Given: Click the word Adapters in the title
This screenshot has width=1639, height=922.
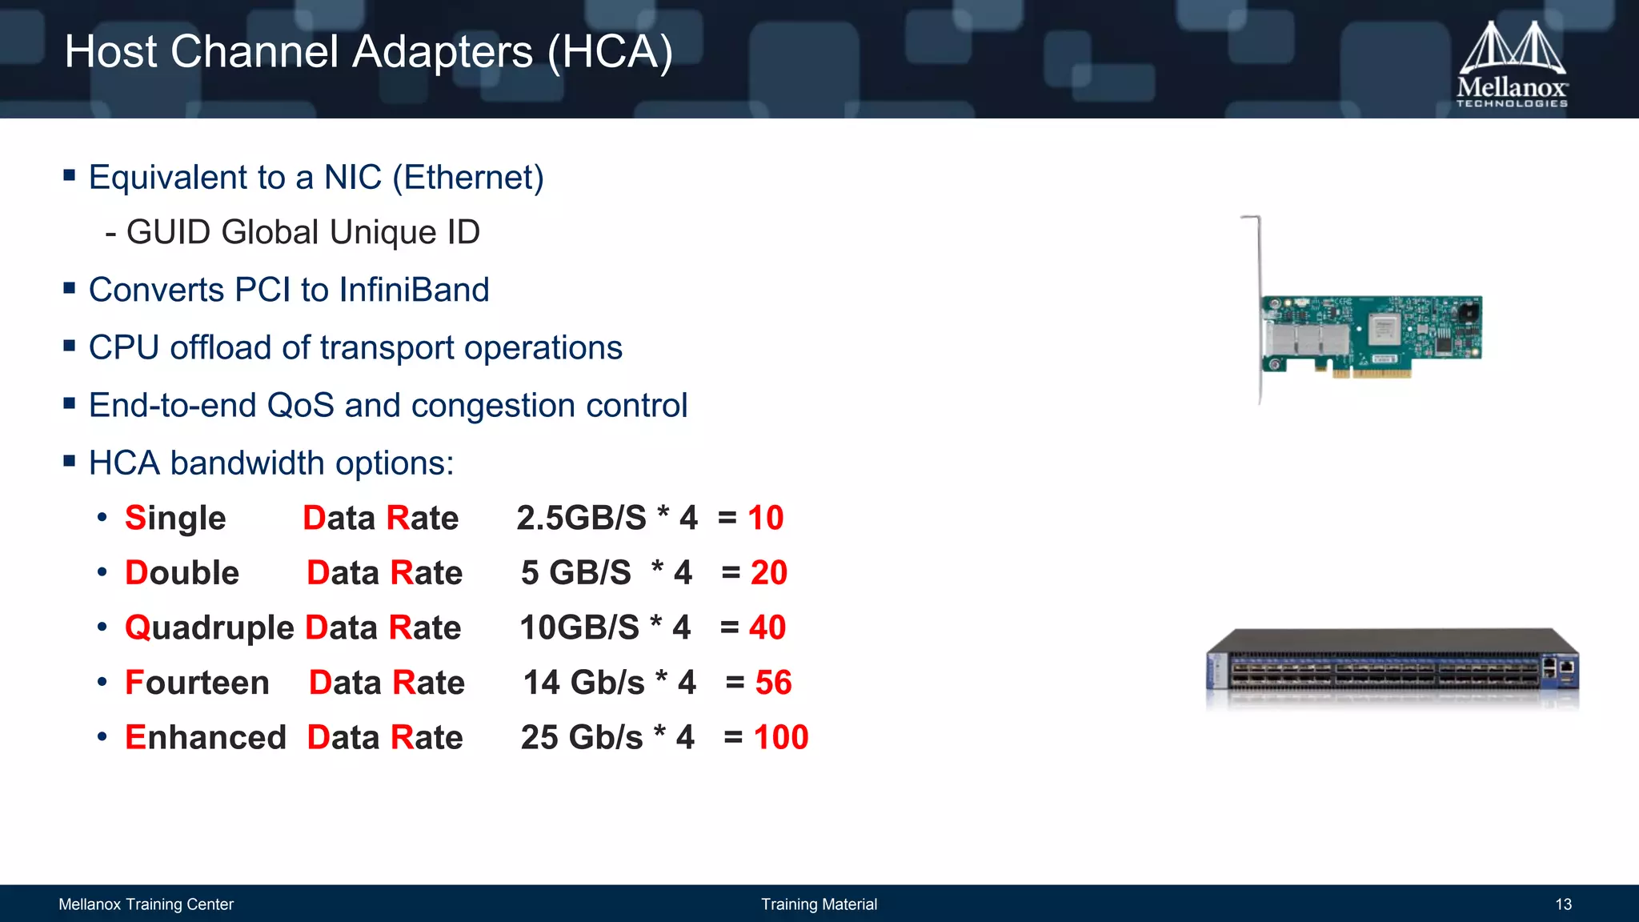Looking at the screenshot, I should (x=442, y=53).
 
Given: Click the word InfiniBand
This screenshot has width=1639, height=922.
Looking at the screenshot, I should (x=414, y=291).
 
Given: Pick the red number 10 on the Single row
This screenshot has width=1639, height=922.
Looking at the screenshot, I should (x=765, y=519).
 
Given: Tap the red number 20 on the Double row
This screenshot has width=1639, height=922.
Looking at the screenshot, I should (x=768, y=573).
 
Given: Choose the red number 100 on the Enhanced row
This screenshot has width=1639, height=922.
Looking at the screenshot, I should (x=780, y=738).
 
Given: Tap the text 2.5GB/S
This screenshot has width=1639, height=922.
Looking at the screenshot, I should (x=581, y=519).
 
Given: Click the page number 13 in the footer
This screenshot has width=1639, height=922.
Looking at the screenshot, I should (x=1563, y=904).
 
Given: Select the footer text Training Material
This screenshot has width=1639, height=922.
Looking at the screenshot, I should (x=819, y=904).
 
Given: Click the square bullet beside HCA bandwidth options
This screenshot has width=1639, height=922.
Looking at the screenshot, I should (x=70, y=461).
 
